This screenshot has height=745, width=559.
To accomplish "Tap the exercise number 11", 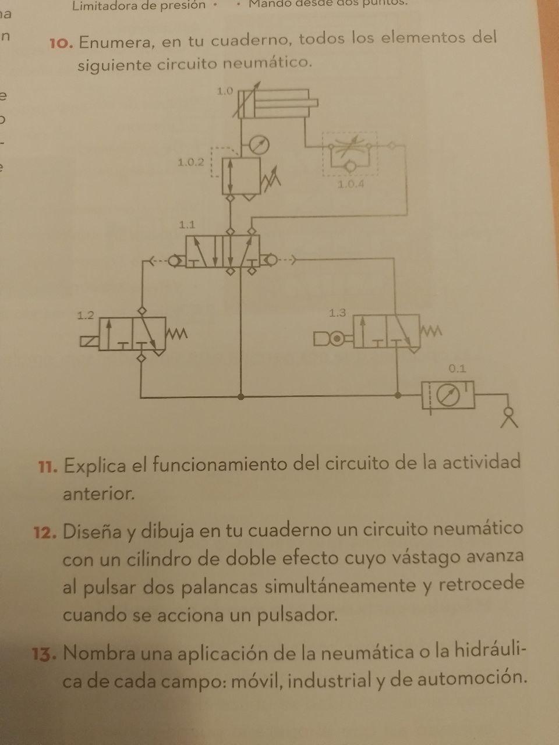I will coord(47,467).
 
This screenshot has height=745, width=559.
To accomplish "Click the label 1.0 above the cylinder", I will coord(225,91).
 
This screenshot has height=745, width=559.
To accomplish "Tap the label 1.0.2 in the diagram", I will coord(191,162).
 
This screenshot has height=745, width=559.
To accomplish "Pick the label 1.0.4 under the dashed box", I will coord(351,185).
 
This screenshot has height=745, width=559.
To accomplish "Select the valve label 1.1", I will coord(187,224).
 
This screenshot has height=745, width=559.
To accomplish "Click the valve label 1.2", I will coord(86,315).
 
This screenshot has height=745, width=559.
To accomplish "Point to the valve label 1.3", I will coord(337,313).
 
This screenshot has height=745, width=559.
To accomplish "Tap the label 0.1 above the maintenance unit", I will coord(458,368).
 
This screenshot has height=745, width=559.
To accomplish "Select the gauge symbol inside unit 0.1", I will coord(448,396).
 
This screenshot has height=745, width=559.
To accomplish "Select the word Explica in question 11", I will coord(95,466).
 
